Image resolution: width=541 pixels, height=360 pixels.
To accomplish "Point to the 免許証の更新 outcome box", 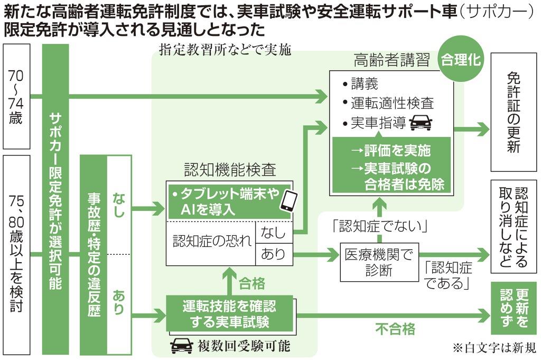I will [514, 112].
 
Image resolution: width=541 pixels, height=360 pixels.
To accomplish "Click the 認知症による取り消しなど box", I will [514, 227].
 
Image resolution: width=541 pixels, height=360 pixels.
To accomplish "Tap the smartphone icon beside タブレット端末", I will [288, 201].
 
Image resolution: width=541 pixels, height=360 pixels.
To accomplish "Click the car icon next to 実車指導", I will [421, 123].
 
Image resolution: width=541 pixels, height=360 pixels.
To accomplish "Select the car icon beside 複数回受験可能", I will [181, 346].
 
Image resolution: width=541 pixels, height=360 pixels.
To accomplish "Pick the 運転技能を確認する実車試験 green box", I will [229, 313].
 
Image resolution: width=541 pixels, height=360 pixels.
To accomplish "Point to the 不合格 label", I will [395, 329].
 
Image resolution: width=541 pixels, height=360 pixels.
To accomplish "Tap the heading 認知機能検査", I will [229, 170].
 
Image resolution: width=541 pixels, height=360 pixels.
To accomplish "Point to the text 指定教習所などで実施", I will [226, 50].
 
